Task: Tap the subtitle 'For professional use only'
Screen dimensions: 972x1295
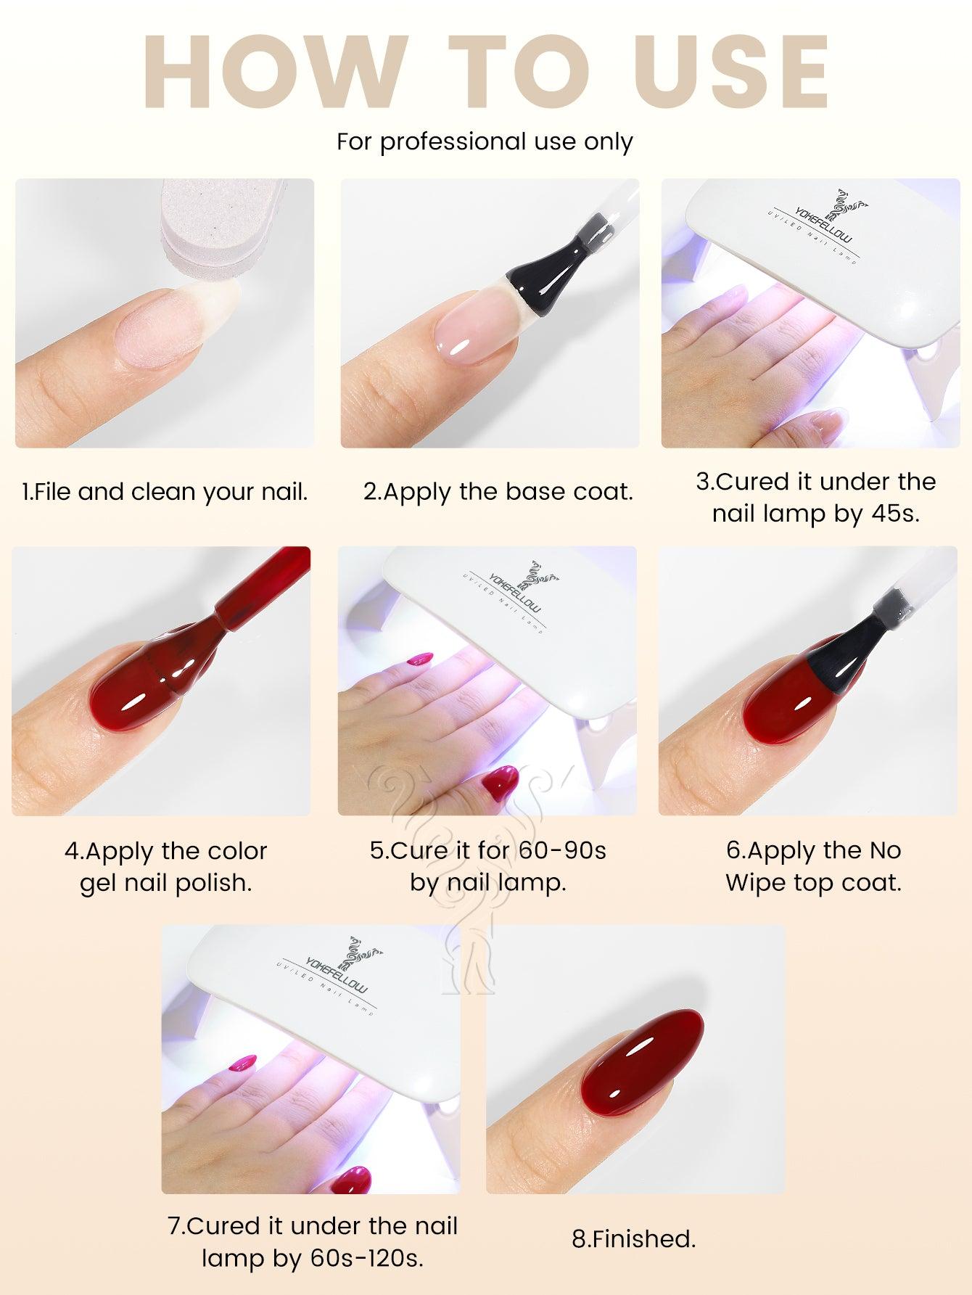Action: click(x=485, y=141)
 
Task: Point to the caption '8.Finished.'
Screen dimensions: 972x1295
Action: click(x=633, y=1238)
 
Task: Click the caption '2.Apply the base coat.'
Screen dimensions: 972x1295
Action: click(x=498, y=492)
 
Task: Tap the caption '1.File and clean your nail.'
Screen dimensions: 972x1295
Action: click(x=165, y=493)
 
